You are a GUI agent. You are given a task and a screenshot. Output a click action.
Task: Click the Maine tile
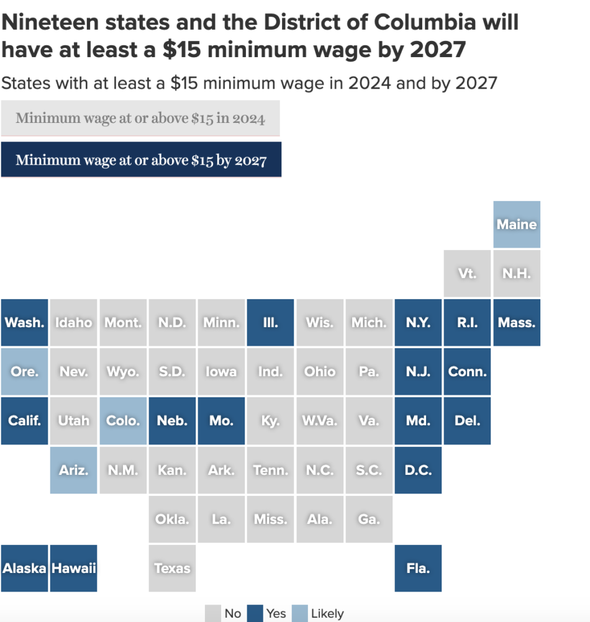coord(517,224)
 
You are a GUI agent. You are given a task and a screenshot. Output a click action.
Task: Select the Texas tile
coord(172,568)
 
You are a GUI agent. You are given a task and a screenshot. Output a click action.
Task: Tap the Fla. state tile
coord(418,568)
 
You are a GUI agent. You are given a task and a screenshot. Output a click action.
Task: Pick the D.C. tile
coord(418,470)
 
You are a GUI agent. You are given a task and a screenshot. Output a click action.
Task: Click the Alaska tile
coord(24,568)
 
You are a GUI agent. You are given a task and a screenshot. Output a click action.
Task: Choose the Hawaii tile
coord(73,568)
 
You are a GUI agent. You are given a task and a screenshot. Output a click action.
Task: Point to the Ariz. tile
coord(73,470)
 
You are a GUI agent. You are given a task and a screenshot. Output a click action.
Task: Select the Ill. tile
coord(270,323)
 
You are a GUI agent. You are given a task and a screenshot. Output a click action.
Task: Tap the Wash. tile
coord(24,323)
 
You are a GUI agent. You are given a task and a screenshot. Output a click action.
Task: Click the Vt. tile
coord(467,273)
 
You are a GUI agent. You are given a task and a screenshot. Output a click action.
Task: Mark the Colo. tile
coord(123,421)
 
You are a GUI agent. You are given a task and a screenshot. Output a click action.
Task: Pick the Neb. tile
coord(172,421)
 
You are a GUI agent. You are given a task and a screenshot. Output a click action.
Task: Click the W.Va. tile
coord(319,421)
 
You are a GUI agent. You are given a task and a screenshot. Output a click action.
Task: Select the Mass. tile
coord(517,323)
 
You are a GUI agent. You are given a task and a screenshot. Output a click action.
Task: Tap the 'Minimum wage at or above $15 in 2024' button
coord(140,118)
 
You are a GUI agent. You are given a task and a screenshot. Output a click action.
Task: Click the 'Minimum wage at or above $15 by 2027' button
coord(141,160)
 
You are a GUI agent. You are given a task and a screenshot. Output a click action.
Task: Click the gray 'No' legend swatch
coord(213,613)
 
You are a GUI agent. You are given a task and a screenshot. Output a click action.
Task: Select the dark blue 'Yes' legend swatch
coord(255,613)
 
